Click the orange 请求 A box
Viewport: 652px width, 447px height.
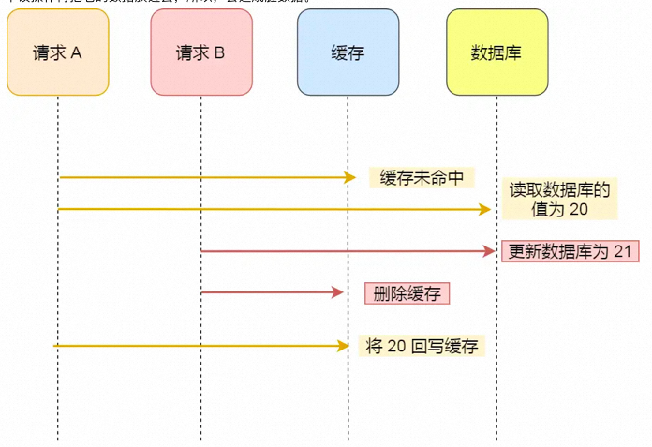(x=57, y=52)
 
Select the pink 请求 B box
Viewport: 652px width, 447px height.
(x=200, y=52)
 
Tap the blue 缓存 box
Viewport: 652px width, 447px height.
(x=348, y=52)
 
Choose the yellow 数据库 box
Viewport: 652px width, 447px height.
(x=496, y=52)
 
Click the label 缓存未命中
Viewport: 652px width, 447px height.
(x=422, y=177)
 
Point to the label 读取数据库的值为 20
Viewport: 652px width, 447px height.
(x=559, y=200)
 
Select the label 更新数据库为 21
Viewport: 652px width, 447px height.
(x=570, y=251)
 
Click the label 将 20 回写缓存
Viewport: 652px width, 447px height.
(x=422, y=346)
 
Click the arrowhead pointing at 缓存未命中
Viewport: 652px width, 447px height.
(x=350, y=177)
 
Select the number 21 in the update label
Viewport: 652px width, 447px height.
(x=625, y=251)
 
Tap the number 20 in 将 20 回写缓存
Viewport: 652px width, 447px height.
(x=396, y=346)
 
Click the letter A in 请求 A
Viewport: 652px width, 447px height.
(x=76, y=52)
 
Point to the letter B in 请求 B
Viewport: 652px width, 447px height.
(x=219, y=52)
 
